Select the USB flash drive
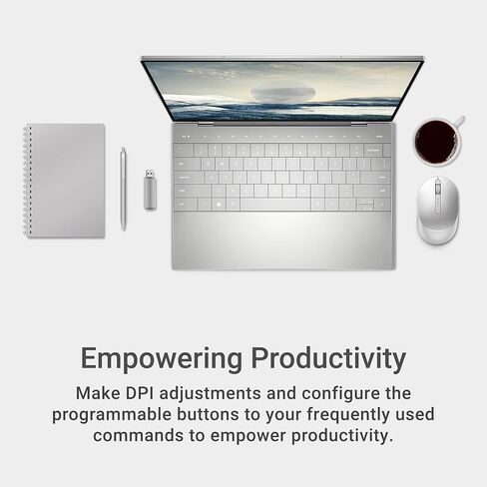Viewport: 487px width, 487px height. [150, 189]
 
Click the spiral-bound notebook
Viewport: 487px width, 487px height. [66, 180]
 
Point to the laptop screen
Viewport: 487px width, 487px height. [282, 90]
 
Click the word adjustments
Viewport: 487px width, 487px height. [226, 393]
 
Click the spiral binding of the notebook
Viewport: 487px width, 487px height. [27, 180]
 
